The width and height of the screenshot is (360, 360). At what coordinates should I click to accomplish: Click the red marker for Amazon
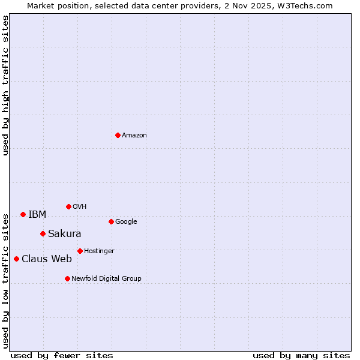coord(118,135)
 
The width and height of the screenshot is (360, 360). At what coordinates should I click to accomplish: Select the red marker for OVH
coord(68,206)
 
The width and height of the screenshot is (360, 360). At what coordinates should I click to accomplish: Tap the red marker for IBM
coord(23,214)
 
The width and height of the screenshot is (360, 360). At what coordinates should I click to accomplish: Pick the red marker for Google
coord(111,221)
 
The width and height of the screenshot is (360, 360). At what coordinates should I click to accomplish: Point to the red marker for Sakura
coord(43,233)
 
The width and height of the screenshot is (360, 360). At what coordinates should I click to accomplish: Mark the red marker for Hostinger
coord(80,251)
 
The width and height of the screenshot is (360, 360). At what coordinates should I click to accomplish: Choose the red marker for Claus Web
coord(16,259)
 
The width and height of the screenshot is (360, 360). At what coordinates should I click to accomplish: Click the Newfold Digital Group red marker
coord(67,278)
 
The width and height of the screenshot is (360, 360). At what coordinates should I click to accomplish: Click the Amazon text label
coord(134,135)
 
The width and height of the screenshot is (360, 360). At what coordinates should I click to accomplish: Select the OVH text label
coord(80,206)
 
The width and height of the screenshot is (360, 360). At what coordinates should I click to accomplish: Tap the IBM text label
coord(37,214)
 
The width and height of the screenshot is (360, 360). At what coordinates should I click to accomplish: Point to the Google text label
coord(126,221)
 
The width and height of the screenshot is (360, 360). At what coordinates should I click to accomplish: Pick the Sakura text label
coord(65,233)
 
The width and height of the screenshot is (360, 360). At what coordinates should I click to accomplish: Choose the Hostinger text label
coord(99,251)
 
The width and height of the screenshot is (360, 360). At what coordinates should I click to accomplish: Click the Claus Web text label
coord(47,259)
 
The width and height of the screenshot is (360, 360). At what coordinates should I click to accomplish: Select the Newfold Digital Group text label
coord(106,278)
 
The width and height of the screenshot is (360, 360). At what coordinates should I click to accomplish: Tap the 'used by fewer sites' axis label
coord(62,355)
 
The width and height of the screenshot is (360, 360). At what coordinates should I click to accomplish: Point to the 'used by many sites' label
coord(301,355)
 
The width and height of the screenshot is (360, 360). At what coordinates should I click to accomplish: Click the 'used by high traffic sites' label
coord(5,85)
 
